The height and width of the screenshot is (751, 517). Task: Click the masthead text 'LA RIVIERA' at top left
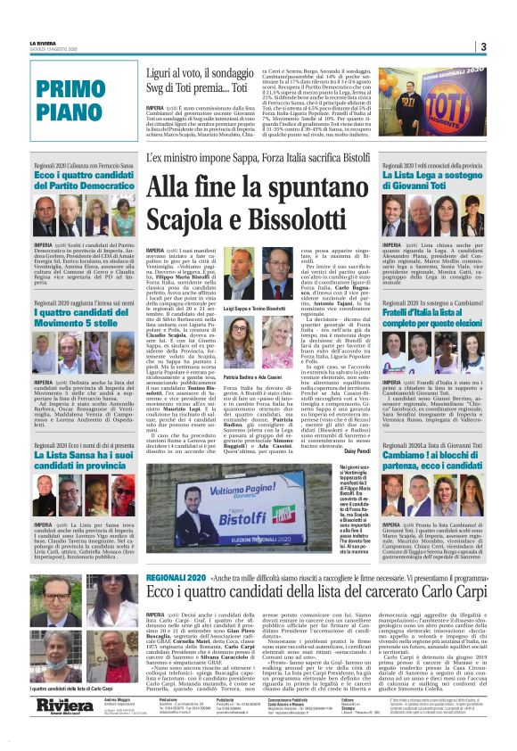[x=45, y=42]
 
